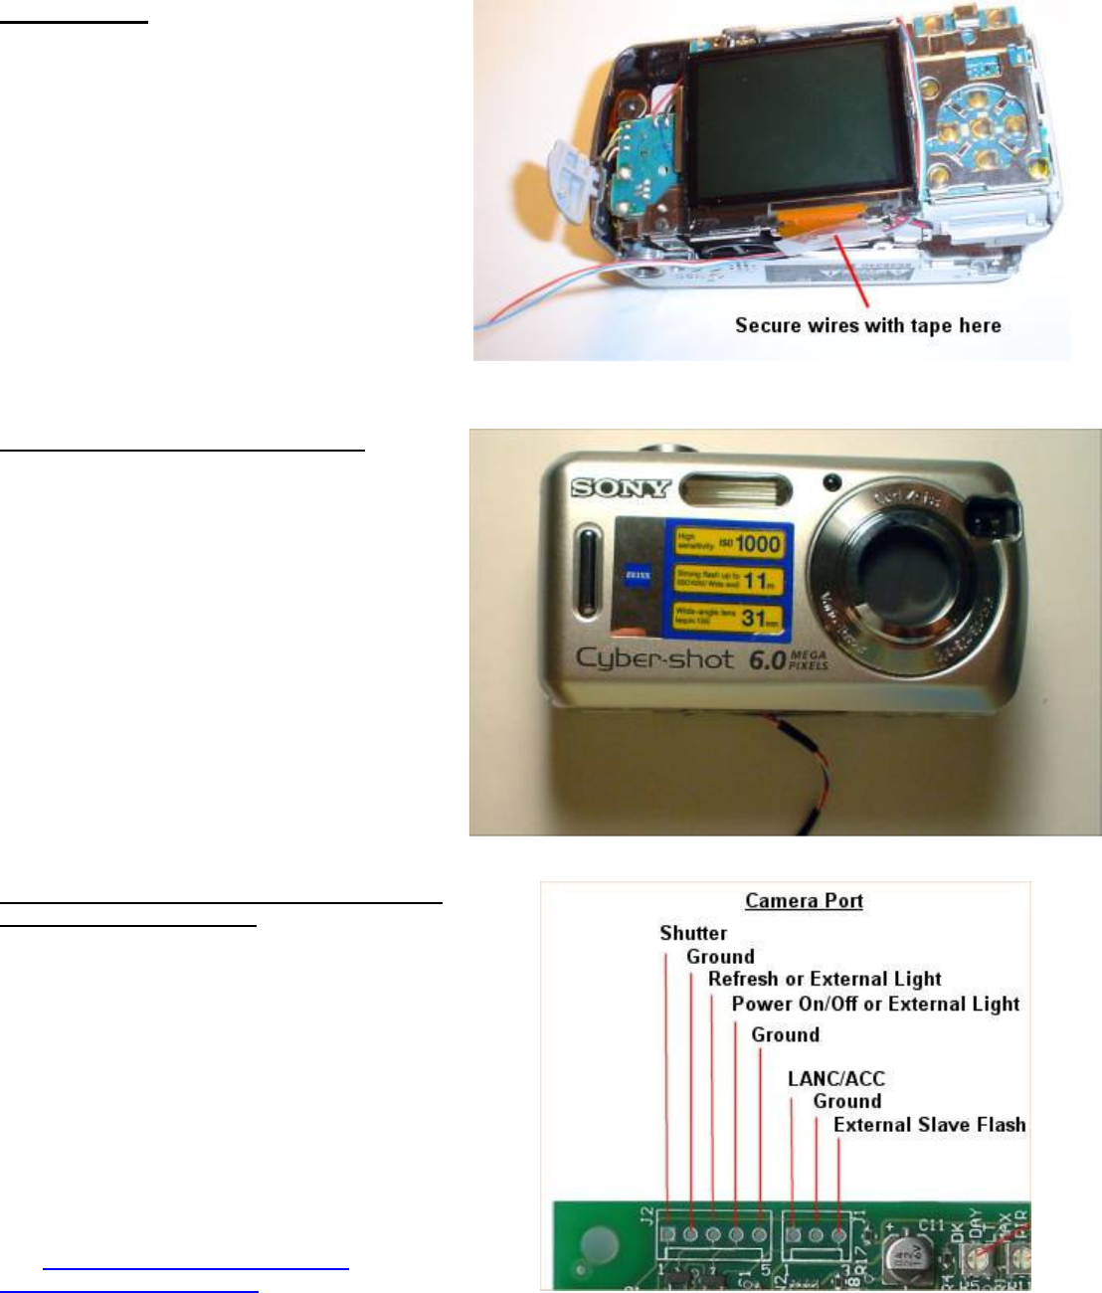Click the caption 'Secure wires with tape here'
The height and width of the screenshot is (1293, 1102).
[867, 325]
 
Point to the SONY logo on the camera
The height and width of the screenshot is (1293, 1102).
[621, 488]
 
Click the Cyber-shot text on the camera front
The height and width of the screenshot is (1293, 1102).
[654, 658]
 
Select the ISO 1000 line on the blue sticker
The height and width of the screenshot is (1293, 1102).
[729, 542]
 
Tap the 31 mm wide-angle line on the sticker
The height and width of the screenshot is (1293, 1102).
[728, 617]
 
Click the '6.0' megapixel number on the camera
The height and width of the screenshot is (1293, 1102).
[767, 659]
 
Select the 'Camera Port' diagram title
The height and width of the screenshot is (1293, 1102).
[804, 901]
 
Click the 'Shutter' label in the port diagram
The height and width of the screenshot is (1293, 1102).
[693, 933]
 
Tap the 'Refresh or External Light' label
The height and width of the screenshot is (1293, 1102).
[825, 979]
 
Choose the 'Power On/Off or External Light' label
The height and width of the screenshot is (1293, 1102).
[875, 1004]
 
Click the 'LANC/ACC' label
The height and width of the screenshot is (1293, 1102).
[835, 1078]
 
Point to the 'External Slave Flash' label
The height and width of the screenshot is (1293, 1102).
[929, 1125]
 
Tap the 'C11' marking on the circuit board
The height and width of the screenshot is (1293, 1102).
[931, 1225]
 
